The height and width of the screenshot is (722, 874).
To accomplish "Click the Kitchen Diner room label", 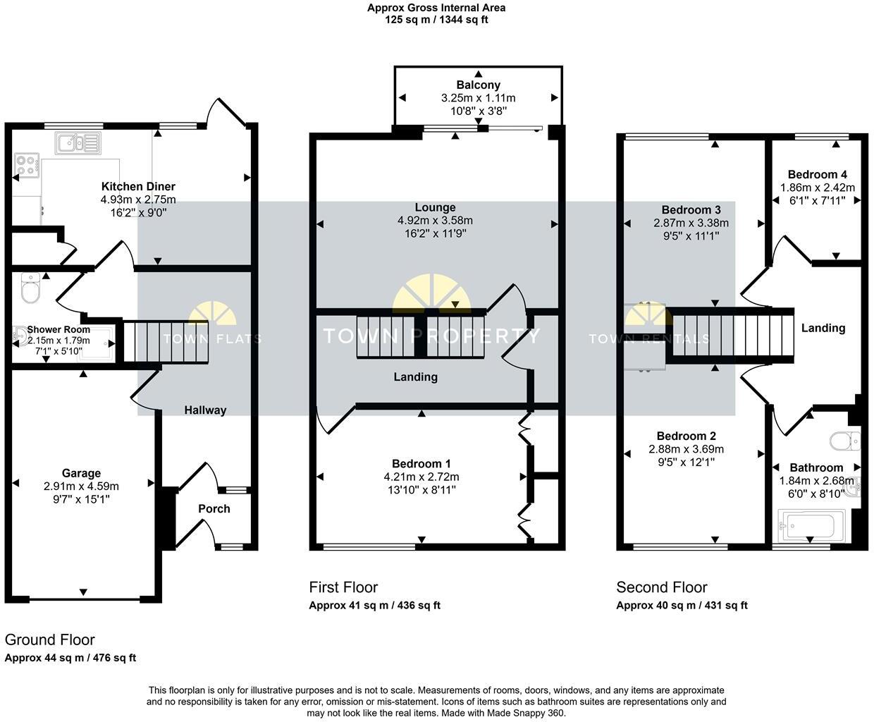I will tap(138, 187).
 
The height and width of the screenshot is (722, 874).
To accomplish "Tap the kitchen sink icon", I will tap(78, 143).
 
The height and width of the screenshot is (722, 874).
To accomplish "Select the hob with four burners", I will tap(27, 166).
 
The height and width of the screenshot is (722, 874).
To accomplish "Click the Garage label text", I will tap(81, 473).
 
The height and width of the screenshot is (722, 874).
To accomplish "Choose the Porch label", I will tap(214, 508).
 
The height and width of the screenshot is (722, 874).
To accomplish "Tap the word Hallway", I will tap(205, 410).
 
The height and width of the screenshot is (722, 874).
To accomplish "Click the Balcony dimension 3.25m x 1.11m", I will tap(478, 98).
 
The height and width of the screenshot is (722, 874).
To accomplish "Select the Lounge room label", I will tap(435, 207).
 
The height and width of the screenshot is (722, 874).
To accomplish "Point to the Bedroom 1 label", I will tap(421, 463).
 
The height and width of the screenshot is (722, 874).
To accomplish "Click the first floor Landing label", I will tap(415, 377).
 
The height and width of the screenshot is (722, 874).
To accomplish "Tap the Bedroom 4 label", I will tap(817, 174).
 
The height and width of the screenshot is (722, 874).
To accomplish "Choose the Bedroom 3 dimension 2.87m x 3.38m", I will tap(691, 223).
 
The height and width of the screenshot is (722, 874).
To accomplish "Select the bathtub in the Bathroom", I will tap(808, 526).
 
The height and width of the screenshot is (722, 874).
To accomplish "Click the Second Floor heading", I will tap(661, 587).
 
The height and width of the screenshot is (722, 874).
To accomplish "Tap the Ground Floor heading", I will tap(49, 640).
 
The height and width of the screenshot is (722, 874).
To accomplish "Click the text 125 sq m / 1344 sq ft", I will tap(436, 20).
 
